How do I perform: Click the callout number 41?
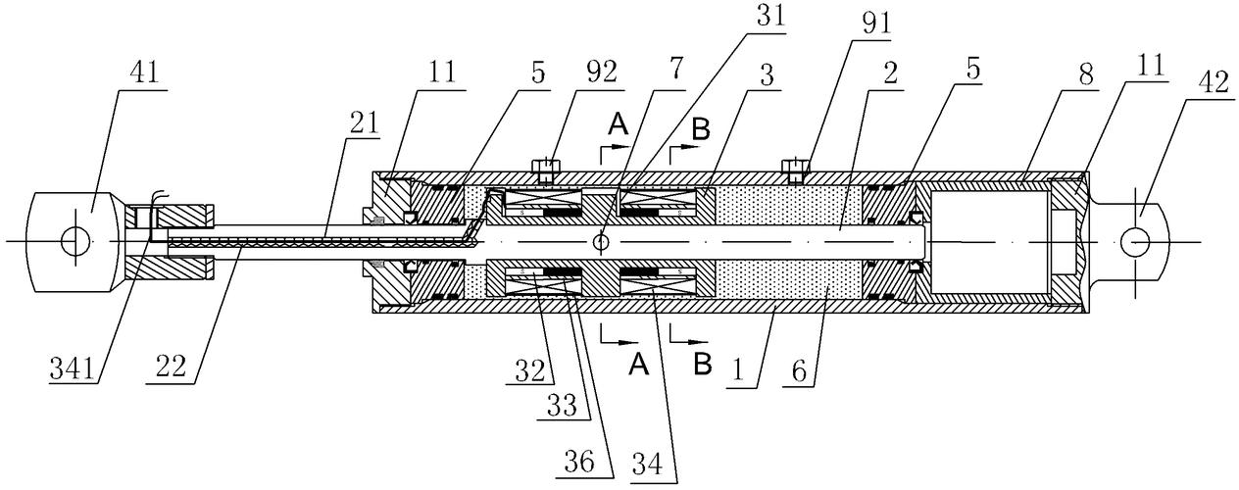tap(143, 73)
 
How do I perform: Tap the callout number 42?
tap(1214, 83)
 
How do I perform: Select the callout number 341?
tap(73, 367)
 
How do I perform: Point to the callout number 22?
tap(171, 366)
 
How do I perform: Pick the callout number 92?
tap(602, 72)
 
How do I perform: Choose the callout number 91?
tap(876, 24)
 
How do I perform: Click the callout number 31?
tap(771, 17)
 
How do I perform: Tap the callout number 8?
tap(1086, 73)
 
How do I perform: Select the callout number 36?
tap(579, 462)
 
